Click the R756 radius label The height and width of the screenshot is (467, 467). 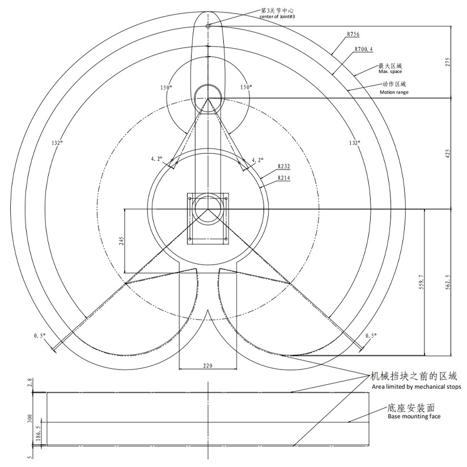[x=353, y=34]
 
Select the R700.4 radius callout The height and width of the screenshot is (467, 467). [x=363, y=49]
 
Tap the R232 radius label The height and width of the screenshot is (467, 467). [x=284, y=167]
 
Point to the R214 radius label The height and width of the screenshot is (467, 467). [x=284, y=178]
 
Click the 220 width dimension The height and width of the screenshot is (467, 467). [x=207, y=366]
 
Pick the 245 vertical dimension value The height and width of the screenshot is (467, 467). [x=121, y=241]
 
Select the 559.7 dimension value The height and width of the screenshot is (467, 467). [x=421, y=282]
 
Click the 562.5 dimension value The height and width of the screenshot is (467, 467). [x=448, y=282]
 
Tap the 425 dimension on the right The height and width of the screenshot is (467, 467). [x=448, y=154]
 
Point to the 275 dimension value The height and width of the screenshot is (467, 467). [x=448, y=62]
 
